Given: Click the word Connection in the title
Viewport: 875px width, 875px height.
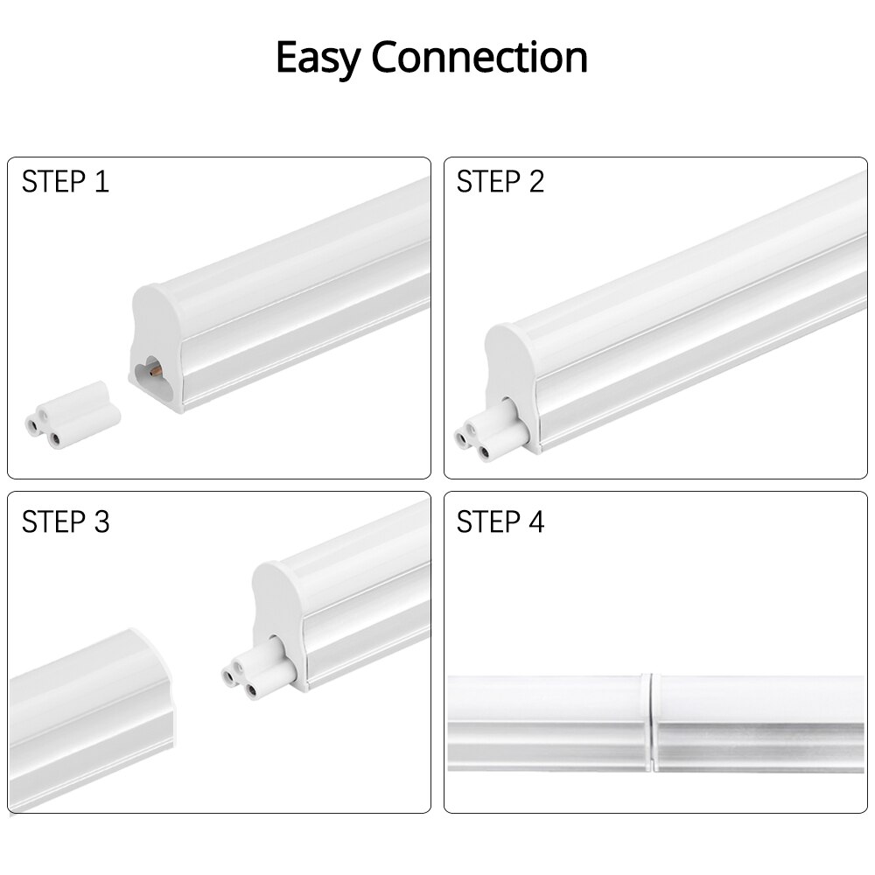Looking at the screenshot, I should pos(479,58).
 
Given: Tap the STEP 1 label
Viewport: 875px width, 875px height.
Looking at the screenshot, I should pos(66,182).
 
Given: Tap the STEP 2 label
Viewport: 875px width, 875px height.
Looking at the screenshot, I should pos(500,182).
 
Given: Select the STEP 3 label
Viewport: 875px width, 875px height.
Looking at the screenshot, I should pos(66,521).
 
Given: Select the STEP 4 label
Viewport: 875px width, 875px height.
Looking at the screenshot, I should pos(500,521).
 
